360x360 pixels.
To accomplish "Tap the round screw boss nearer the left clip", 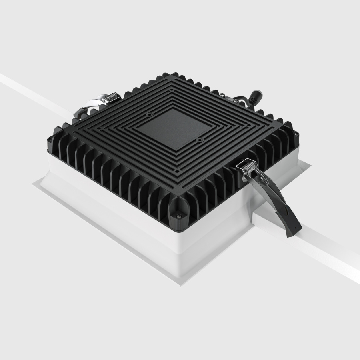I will point(149,114).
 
